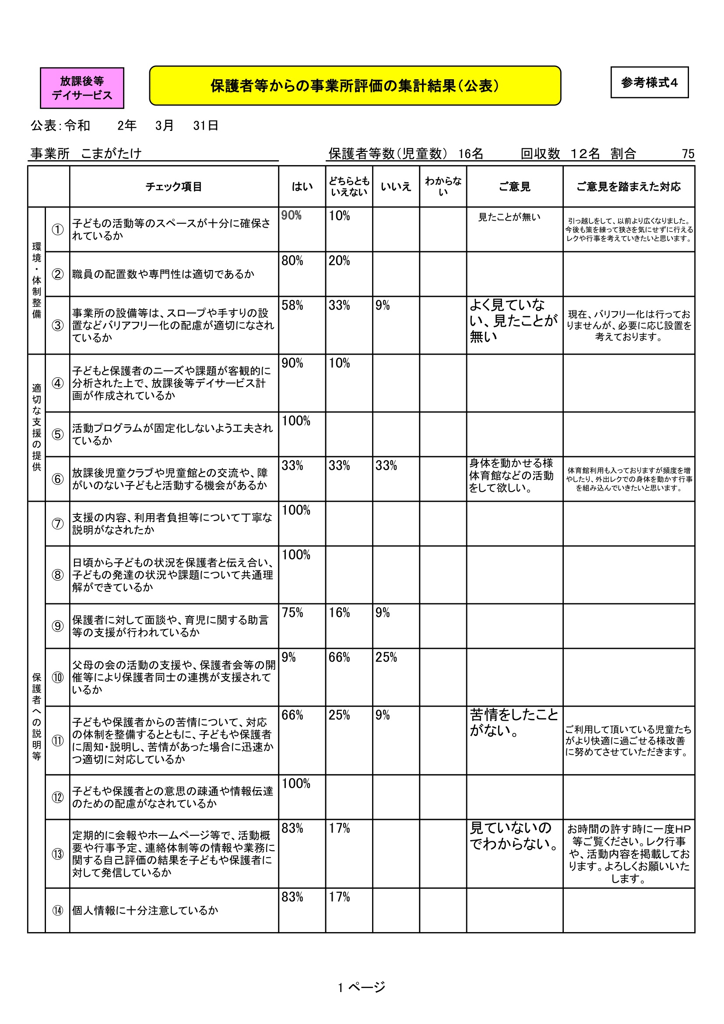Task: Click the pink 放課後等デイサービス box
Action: click(82, 88)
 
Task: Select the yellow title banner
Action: click(355, 86)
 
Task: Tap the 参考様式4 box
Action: click(649, 82)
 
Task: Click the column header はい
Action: click(302, 187)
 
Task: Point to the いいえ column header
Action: click(395, 187)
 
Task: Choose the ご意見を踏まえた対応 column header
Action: click(629, 187)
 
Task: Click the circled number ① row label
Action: click(57, 229)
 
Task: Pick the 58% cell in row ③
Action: click(292, 306)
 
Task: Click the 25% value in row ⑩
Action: click(386, 658)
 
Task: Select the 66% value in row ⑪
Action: click(292, 715)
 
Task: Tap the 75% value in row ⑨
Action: click(292, 613)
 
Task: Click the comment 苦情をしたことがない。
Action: click(513, 722)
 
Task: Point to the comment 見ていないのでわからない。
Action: click(513, 836)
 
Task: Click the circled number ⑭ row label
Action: click(57, 910)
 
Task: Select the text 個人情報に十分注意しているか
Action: click(145, 910)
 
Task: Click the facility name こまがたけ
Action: click(112, 153)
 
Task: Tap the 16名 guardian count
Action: click(471, 154)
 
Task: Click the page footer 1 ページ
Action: click(362, 987)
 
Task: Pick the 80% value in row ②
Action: click(292, 261)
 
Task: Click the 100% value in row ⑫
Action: click(296, 784)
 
